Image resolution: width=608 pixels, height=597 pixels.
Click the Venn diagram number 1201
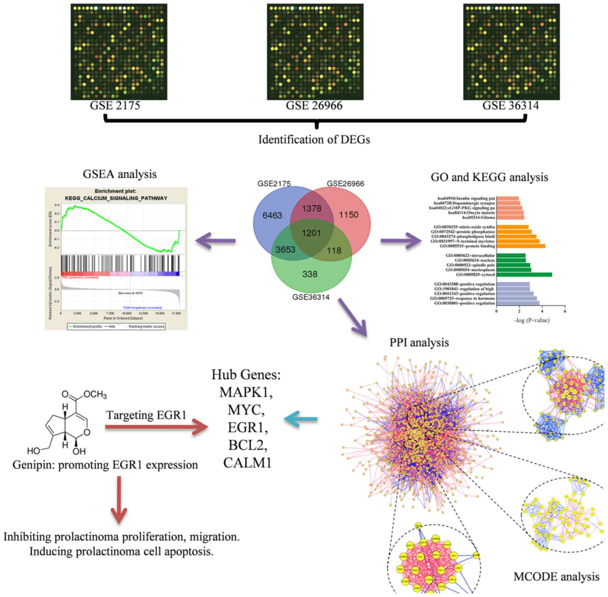pos(311,233)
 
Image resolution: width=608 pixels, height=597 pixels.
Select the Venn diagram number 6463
pos(272,215)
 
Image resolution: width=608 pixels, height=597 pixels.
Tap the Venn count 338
pos(310,274)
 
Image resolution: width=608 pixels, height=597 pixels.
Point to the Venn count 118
pos(334,251)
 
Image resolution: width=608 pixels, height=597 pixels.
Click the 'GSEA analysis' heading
pos(119,174)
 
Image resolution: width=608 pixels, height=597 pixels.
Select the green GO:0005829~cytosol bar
pos(524,275)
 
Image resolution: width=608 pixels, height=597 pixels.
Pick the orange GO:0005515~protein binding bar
pos(521,246)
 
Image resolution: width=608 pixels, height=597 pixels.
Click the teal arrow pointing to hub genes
pos(300,419)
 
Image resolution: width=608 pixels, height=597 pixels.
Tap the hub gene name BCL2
pos(246,445)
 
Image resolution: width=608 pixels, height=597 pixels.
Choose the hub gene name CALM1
pos(247,463)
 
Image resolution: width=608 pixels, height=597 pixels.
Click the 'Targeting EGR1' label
pos(146,415)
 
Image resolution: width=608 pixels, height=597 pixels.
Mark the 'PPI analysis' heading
pos(419,343)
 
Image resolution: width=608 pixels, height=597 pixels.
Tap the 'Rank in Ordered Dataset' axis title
pos(123,318)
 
